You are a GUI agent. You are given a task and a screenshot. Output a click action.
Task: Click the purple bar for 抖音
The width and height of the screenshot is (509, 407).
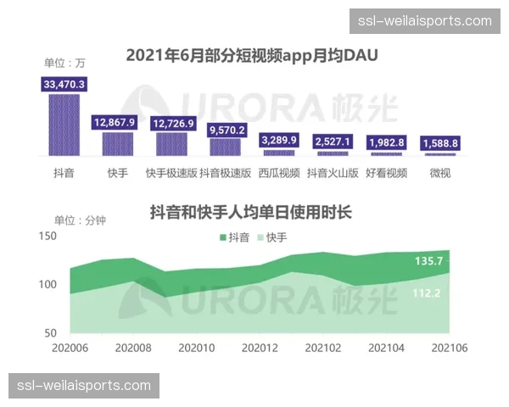[x=64, y=125]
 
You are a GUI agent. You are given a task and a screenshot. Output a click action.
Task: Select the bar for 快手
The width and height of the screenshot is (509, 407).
[x=118, y=143]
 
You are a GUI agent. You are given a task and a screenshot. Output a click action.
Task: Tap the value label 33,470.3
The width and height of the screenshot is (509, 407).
[x=64, y=84]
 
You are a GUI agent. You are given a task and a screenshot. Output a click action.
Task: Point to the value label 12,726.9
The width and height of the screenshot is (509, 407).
[x=173, y=123]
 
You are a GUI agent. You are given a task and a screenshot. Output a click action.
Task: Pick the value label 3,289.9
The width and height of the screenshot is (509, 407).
[x=278, y=140]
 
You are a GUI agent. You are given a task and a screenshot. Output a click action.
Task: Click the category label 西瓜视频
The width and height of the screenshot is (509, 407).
[x=279, y=174]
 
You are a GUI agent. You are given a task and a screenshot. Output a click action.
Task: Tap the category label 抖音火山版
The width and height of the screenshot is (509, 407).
[x=333, y=174]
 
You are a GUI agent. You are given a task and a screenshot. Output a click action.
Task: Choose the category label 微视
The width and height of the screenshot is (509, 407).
[x=439, y=174]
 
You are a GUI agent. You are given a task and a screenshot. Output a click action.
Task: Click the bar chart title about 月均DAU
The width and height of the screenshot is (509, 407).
[x=252, y=56]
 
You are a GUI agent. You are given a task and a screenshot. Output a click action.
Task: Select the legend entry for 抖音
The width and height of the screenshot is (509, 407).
[x=235, y=237]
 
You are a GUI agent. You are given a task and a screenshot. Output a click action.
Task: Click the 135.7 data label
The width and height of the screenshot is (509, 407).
[x=428, y=261]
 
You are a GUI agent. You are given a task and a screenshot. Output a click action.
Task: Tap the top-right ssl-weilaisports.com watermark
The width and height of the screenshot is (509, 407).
[x=425, y=21]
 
